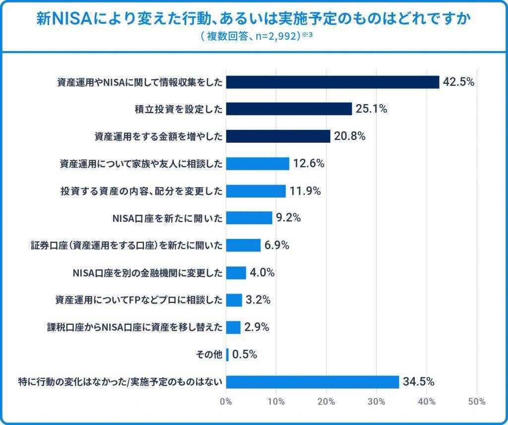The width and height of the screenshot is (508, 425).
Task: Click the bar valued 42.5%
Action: point(332,82)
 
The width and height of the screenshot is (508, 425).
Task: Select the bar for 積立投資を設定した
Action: point(289,109)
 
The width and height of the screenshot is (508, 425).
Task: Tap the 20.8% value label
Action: point(349,136)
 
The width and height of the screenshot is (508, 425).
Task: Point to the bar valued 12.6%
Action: point(257,163)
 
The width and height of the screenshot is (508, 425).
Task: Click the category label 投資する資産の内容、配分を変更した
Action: point(141,191)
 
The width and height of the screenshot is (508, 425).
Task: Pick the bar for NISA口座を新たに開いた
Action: point(249,218)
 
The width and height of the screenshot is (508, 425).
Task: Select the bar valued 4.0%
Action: point(236,273)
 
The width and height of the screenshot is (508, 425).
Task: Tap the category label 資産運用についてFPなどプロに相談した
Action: point(138,300)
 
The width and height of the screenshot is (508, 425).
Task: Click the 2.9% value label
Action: point(256,327)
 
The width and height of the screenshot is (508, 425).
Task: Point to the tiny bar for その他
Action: point(227,355)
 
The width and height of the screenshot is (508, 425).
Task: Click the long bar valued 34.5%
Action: point(313,382)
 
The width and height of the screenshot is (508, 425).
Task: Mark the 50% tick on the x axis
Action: point(477,402)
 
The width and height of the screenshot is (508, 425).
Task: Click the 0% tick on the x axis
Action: point(226,402)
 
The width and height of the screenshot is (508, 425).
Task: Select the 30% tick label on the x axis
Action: point(377,402)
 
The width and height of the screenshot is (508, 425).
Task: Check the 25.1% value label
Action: point(371,109)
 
